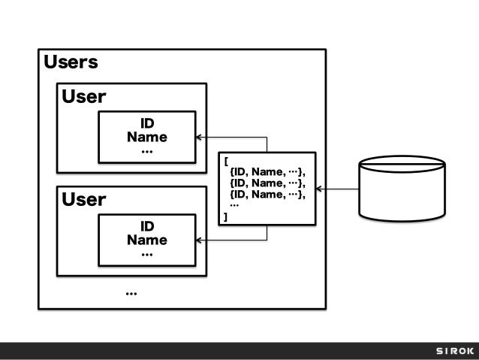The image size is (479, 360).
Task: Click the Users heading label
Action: click(71, 62)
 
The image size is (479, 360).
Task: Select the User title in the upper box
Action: click(83, 97)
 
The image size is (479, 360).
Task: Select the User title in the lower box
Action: click(83, 200)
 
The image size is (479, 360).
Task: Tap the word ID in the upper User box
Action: click(147, 123)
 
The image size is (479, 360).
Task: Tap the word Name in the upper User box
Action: click(147, 138)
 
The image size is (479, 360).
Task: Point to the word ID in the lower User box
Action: click(147, 226)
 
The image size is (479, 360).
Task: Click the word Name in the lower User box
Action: click(147, 241)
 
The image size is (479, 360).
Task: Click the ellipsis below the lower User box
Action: click(131, 292)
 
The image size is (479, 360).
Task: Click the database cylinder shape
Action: click(405, 188)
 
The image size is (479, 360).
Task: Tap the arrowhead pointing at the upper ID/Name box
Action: click(200, 138)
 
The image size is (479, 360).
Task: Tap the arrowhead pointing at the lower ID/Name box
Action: click(200, 241)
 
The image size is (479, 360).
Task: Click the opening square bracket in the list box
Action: click(225, 159)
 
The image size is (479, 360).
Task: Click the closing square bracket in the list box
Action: click(225, 217)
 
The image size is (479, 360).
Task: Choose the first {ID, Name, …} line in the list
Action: click(268, 171)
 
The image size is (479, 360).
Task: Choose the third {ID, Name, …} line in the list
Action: click(268, 195)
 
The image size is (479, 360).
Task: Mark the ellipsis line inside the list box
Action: click(234, 205)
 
